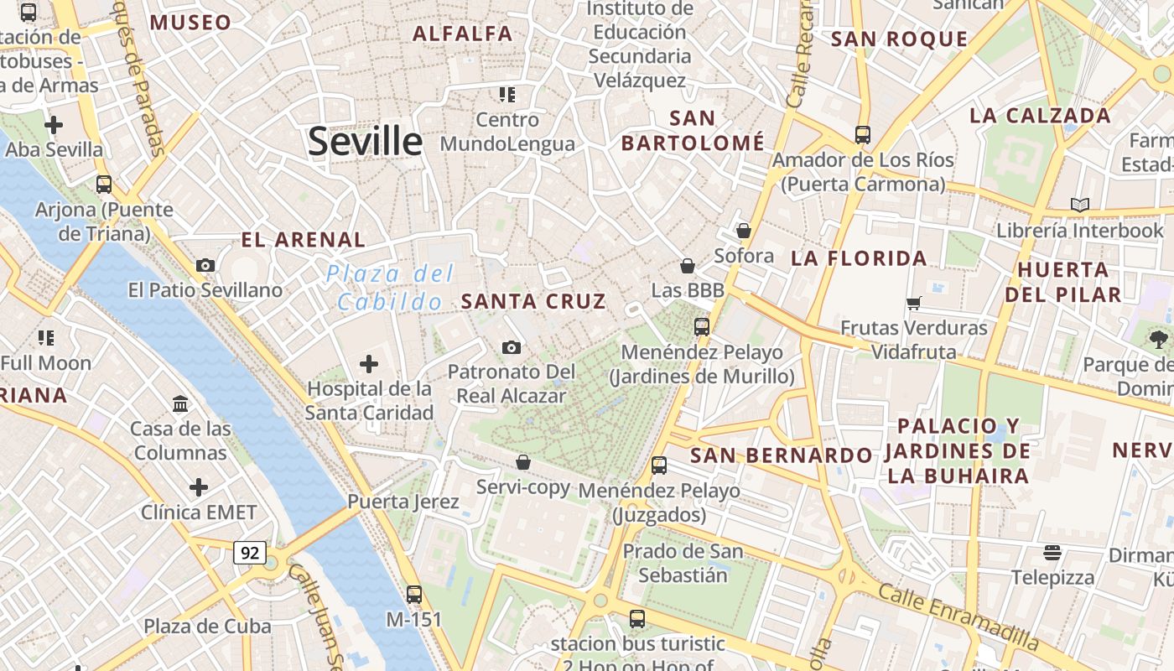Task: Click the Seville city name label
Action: pyautogui.click(x=365, y=141)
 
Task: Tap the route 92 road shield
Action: pyautogui.click(x=249, y=553)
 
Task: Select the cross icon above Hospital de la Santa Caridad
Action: pyautogui.click(x=368, y=364)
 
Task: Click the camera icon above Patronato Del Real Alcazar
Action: pyautogui.click(x=511, y=347)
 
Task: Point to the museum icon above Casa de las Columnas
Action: pyautogui.click(x=180, y=404)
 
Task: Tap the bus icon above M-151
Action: pyautogui.click(x=414, y=595)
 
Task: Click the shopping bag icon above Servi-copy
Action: pyautogui.click(x=523, y=462)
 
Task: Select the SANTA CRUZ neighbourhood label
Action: pyautogui.click(x=533, y=301)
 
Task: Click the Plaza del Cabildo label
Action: pyautogui.click(x=390, y=288)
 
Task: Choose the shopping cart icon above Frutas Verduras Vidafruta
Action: pyautogui.click(x=914, y=303)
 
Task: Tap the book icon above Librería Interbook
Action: pyautogui.click(x=1080, y=205)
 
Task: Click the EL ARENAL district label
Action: pyautogui.click(x=303, y=240)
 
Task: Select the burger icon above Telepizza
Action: pyautogui.click(x=1052, y=552)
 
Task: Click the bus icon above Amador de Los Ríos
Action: pyautogui.click(x=862, y=134)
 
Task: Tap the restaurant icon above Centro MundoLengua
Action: pyautogui.click(x=506, y=95)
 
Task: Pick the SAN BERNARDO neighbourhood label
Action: pyautogui.click(x=781, y=455)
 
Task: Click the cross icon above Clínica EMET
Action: pyautogui.click(x=199, y=487)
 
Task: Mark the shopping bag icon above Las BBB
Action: pyautogui.click(x=688, y=266)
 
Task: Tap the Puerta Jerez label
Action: pyautogui.click(x=403, y=502)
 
